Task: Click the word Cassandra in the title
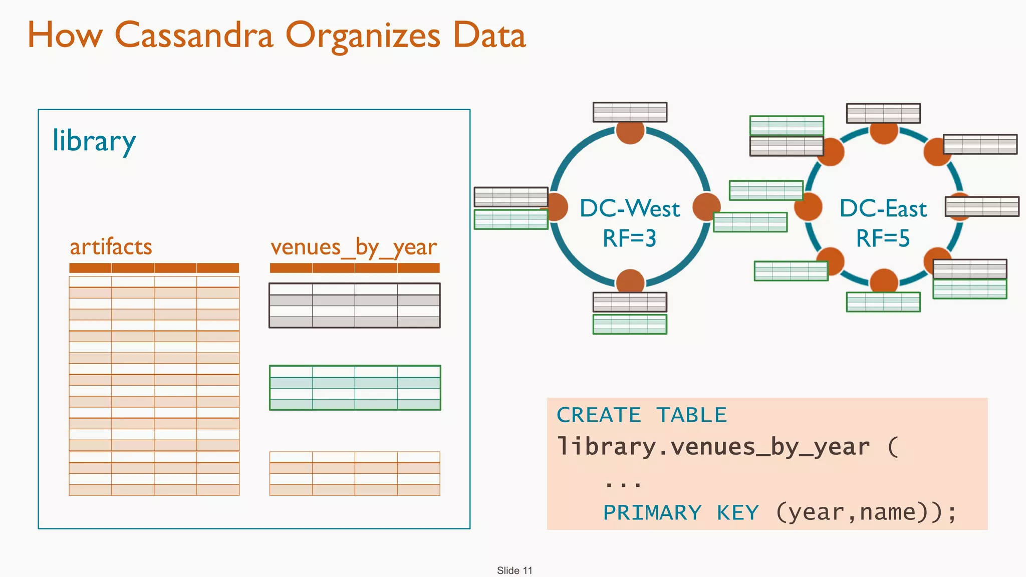194,36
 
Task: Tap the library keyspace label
94,141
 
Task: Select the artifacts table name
111,247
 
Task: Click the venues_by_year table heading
354,247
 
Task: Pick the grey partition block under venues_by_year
355,306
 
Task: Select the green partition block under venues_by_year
355,388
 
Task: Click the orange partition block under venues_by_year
355,473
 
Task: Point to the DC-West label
630,208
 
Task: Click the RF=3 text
630,238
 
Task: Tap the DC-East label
883,208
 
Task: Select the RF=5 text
883,238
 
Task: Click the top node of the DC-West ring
630,131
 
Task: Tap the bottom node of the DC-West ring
630,281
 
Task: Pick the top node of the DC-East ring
884,131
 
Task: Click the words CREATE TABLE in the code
641,415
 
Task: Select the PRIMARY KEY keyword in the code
681,512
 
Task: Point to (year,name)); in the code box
866,512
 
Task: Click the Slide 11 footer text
515,570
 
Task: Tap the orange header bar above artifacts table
154,268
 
